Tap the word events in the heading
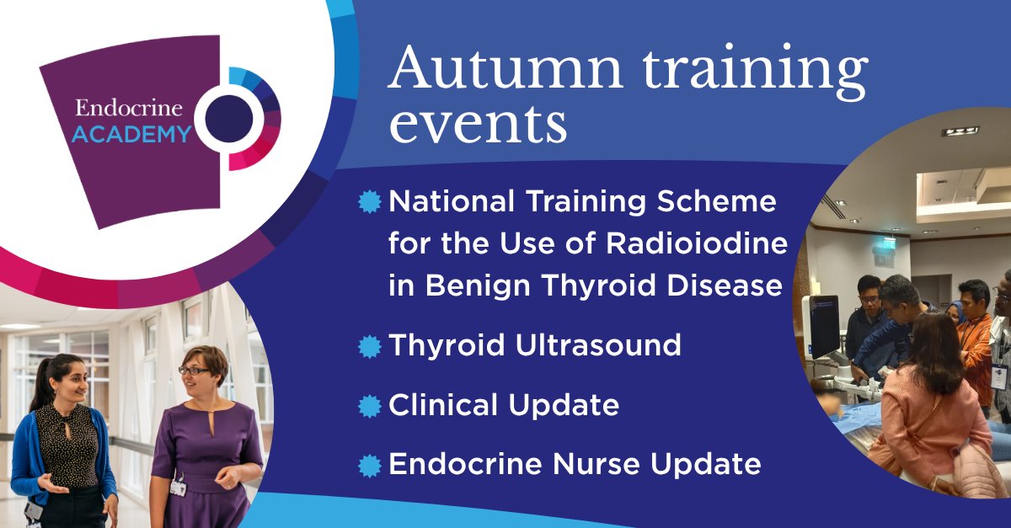pyautogui.click(x=477, y=126)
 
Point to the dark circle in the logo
pyautogui.click(x=230, y=118)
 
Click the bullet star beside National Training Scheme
pyautogui.click(x=369, y=202)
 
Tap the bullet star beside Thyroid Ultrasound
pyautogui.click(x=369, y=346)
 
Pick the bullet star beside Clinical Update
pyautogui.click(x=369, y=406)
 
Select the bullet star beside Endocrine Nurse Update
pyautogui.click(x=369, y=465)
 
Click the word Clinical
pyautogui.click(x=441, y=405)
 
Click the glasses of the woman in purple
pyautogui.click(x=194, y=370)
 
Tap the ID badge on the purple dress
pyautogui.click(x=178, y=487)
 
